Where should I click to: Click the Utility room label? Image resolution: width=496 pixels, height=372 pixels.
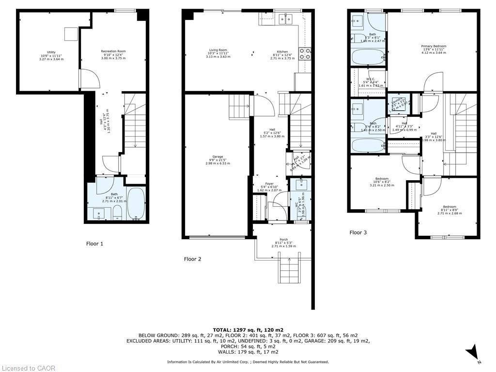51,55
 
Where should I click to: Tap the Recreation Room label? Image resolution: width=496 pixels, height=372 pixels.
113,54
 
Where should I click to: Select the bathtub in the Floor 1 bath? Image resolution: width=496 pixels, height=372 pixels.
136,203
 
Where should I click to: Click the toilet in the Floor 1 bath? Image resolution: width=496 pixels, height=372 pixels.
117,211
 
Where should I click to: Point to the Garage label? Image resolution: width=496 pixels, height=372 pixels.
217,160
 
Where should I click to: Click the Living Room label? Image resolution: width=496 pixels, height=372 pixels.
218,53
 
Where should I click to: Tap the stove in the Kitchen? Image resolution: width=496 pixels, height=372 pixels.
306,54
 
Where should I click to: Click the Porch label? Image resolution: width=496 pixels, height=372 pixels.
283,243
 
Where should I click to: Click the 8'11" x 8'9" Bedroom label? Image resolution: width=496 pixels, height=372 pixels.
447,210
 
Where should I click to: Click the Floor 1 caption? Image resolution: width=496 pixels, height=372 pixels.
94,244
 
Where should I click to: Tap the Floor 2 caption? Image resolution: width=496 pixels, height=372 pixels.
192,259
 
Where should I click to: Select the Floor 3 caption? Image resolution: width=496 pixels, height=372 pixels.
358,232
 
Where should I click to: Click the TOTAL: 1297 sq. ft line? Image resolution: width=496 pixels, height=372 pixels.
248,329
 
